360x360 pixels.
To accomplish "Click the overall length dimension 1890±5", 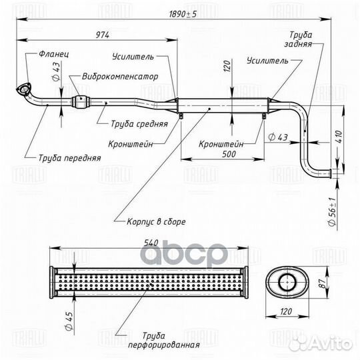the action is click(x=183, y=14).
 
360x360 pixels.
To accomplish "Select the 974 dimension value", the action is click(x=103, y=35).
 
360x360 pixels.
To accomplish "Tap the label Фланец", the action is click(x=54, y=54).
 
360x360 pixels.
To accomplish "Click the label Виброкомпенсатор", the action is click(x=120, y=76).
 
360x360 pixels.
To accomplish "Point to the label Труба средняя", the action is click(x=139, y=124).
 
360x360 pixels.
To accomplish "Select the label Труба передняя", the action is click(x=69, y=158).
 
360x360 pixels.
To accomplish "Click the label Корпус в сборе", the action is click(x=156, y=221).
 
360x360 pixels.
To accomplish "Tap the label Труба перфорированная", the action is click(x=164, y=340).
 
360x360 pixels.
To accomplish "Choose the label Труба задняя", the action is click(x=299, y=39).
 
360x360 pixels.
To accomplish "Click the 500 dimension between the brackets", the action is click(x=229, y=154).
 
